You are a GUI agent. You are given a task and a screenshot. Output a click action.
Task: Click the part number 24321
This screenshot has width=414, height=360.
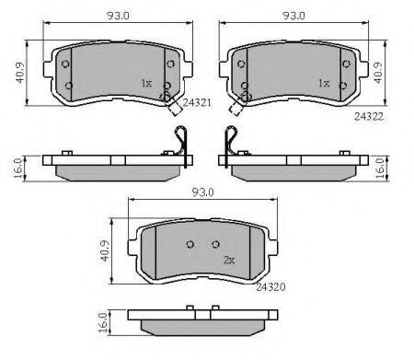pyautogui.click(x=197, y=102)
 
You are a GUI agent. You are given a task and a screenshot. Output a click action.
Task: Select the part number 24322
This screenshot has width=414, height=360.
pyautogui.click(x=369, y=116)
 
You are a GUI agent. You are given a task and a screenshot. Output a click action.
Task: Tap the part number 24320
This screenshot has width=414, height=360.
pyautogui.click(x=270, y=287)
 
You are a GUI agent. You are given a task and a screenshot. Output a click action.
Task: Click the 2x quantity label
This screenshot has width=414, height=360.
pyautogui.click(x=229, y=261)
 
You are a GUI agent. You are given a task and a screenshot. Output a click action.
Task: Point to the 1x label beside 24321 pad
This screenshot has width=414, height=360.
pyautogui.click(x=146, y=83)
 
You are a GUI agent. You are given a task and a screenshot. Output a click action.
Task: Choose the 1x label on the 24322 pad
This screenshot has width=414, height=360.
pyautogui.click(x=324, y=83)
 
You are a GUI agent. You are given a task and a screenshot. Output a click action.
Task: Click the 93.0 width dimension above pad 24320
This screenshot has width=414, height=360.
pyautogui.click(x=202, y=192)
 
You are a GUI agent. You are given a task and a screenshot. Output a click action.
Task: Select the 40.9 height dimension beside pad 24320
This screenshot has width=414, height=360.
pyautogui.click(x=105, y=251)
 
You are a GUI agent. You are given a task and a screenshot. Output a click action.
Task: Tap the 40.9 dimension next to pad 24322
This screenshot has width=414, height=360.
pyautogui.click(x=378, y=73)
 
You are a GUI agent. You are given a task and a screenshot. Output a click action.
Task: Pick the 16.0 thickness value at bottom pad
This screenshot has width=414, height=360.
pyautogui.click(x=102, y=323)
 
